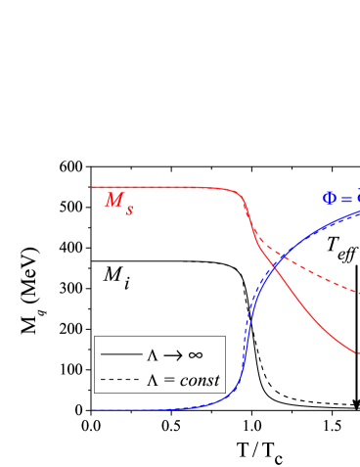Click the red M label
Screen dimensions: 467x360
point(113,201)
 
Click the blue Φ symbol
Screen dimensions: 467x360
point(330,199)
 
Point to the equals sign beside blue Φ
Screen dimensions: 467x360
point(347,199)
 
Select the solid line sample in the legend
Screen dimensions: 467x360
point(120,354)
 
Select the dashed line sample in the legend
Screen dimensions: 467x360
point(120,379)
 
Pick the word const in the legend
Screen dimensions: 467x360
point(200,380)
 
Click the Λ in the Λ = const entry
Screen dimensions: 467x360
point(153,380)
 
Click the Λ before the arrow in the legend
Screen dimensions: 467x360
point(153,354)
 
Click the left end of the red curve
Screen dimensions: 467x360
point(93,187)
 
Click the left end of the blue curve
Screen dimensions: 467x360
point(93,410)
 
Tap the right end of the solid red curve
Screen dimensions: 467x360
point(358,352)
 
